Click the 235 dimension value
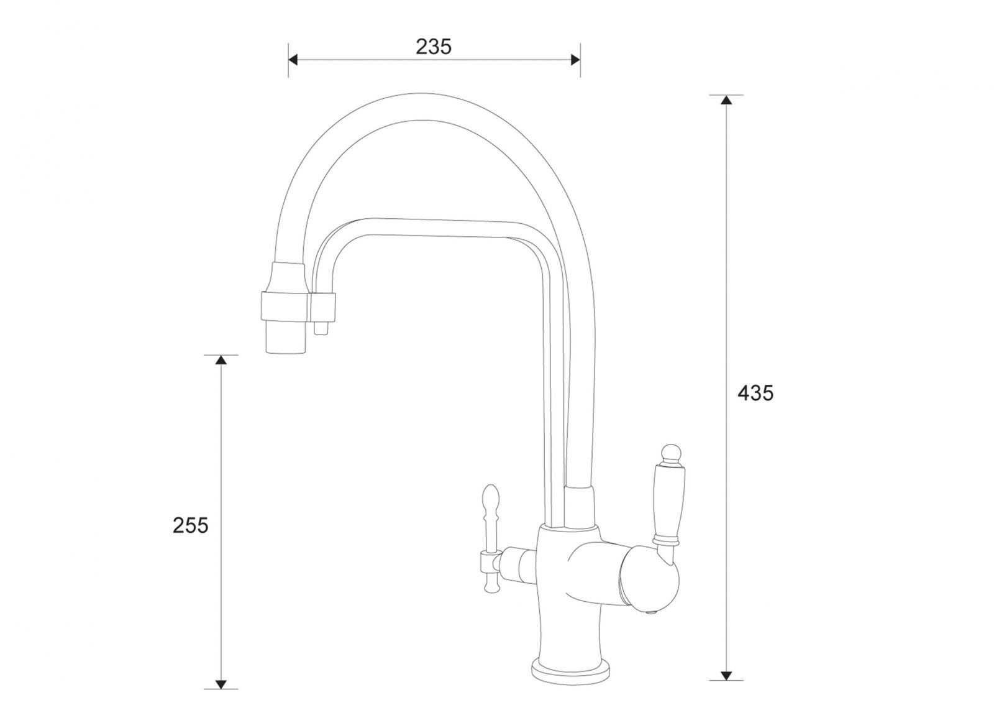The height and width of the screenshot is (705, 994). coord(434,47)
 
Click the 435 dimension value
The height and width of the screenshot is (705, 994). coord(755,393)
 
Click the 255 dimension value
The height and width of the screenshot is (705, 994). coord(190,526)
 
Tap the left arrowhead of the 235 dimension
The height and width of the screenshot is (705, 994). coord(293,60)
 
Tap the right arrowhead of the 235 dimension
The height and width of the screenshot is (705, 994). coord(575,60)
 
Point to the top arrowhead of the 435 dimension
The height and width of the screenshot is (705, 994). coord(726,100)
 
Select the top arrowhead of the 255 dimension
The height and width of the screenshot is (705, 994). coord(221,359)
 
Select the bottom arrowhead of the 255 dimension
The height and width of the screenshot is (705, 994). coord(221,684)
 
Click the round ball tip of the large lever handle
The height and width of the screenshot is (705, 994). coord(671,453)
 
